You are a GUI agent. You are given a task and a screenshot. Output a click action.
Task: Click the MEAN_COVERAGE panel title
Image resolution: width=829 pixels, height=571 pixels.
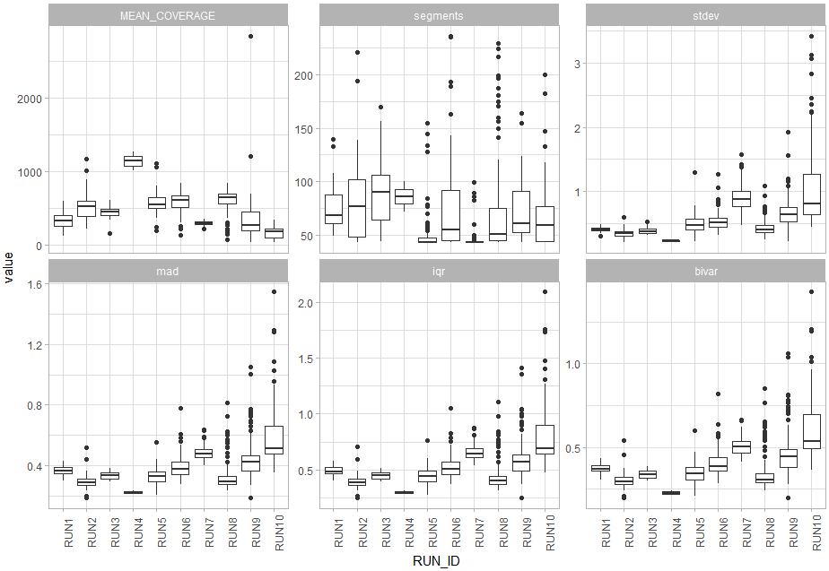pyautogui.click(x=167, y=15)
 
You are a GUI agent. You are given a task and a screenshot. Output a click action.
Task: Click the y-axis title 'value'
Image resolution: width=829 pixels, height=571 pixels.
pyautogui.click(x=9, y=267)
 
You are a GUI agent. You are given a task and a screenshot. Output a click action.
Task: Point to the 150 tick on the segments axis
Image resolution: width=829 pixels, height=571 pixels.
pyautogui.click(x=302, y=128)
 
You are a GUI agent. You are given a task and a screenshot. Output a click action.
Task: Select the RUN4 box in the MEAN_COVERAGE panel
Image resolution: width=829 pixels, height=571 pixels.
pyautogui.click(x=133, y=160)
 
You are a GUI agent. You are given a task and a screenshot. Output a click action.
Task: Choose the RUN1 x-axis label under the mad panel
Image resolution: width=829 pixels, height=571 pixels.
pyautogui.click(x=63, y=532)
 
